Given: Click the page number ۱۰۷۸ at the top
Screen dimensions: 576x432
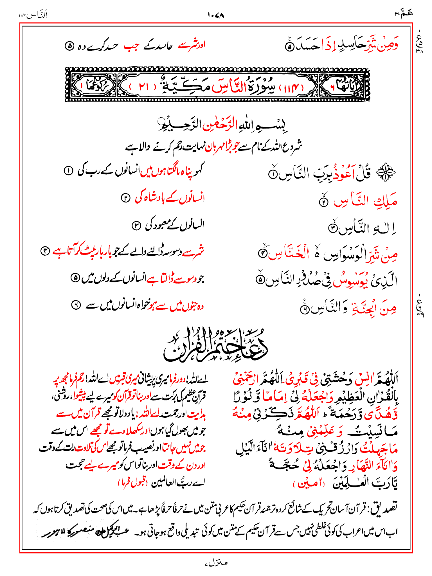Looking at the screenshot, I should point(216,15).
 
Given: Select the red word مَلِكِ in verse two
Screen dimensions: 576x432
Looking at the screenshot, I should point(385,201).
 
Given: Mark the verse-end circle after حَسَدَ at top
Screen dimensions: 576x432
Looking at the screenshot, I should point(289,47).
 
